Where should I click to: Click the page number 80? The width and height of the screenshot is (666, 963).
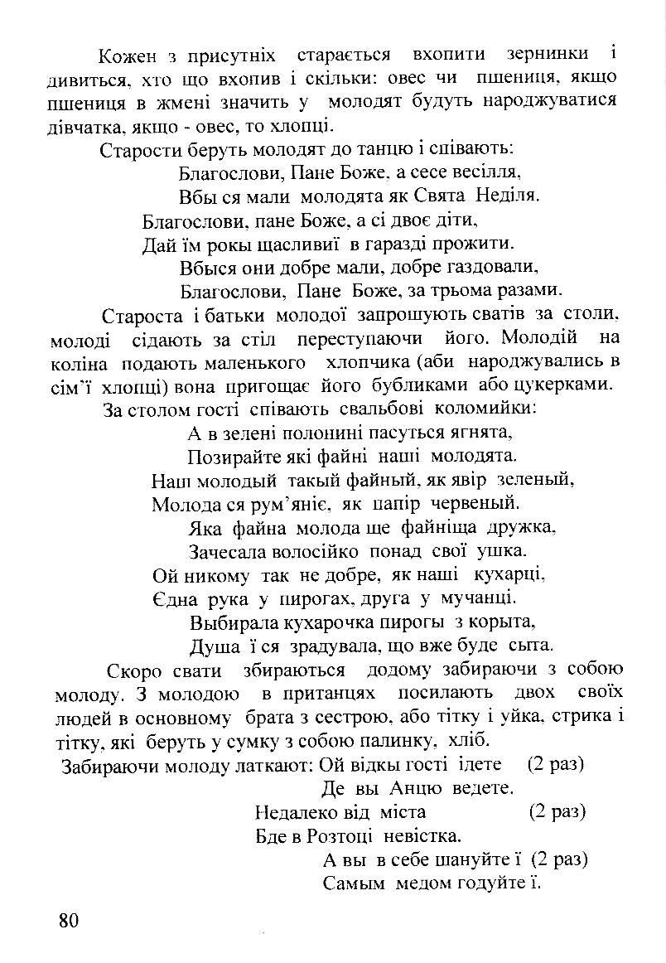tap(68, 920)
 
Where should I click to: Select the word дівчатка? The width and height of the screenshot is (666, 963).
tap(82, 127)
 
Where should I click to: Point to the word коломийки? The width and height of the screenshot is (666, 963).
tap(487, 409)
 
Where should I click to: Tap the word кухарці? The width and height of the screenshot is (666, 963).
tap(509, 574)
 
